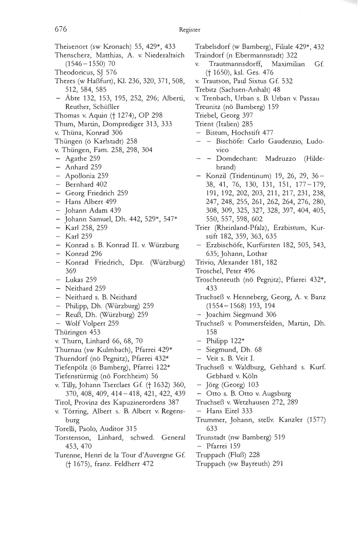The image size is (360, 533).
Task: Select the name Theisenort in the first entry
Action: coord(73,46)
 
